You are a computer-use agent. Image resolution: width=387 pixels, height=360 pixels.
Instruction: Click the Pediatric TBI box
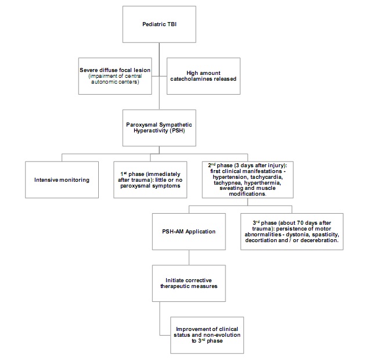159,24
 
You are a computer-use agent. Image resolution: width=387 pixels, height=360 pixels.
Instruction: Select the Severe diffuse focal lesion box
115,76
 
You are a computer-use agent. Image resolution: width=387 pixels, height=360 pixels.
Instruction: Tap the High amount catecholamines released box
203,76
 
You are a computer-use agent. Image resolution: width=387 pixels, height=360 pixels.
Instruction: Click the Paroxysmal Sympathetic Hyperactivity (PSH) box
159,128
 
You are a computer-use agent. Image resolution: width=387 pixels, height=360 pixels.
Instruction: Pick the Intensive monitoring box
62,180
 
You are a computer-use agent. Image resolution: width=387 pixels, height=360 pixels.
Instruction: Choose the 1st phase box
150,180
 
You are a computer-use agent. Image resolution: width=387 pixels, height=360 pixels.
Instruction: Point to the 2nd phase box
248,180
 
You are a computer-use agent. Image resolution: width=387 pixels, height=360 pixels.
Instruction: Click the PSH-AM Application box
189,232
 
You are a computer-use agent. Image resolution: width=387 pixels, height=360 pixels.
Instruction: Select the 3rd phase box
292,232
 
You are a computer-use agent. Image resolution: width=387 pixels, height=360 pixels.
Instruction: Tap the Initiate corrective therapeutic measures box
189,283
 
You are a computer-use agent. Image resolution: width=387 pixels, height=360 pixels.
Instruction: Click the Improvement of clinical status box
207,335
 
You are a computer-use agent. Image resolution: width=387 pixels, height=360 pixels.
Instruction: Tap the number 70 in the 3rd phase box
300,222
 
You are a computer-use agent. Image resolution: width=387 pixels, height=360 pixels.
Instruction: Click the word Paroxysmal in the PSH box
142,125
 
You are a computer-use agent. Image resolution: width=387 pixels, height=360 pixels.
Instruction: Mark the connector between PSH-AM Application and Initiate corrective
189,257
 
